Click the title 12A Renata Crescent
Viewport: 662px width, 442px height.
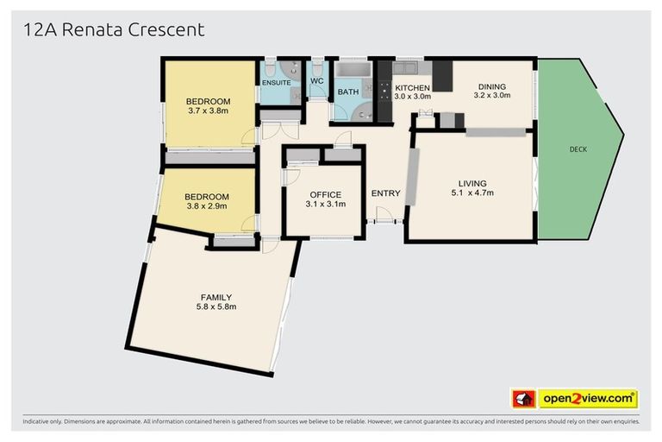114,30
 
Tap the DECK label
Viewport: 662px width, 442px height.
578,149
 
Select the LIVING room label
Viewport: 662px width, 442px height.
472,183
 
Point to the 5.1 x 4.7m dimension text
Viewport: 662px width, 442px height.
472,193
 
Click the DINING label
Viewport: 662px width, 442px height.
492,86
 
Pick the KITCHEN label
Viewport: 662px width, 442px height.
412,88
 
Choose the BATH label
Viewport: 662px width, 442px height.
348,92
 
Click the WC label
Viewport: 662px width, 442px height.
316,81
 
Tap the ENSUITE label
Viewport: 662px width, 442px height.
277,81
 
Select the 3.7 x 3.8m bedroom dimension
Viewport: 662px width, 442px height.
208,110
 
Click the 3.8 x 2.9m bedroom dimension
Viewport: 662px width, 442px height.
207,206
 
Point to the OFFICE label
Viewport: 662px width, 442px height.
324,195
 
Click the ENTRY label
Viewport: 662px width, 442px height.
385,193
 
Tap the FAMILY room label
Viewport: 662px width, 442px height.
215,298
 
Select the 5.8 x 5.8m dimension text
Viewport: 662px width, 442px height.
215,306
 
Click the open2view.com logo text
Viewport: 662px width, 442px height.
588,399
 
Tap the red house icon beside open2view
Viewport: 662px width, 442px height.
523,399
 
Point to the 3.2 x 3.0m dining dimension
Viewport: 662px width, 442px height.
492,96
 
